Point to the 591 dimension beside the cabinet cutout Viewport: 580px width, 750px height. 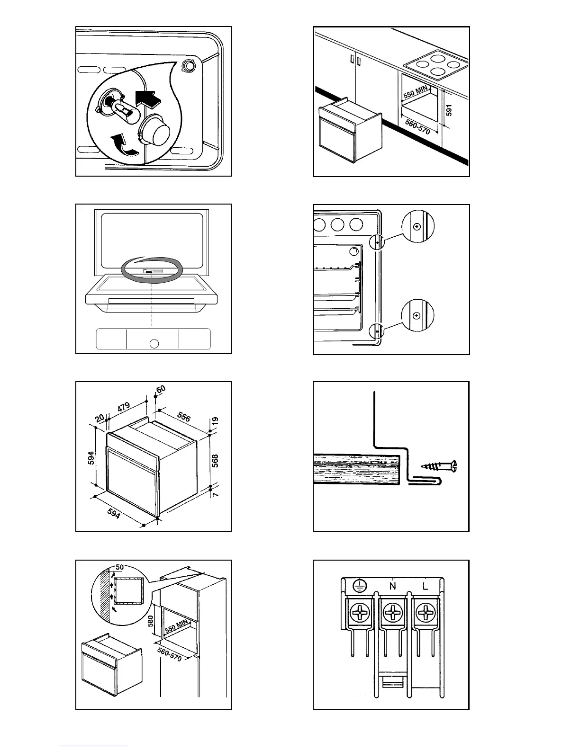(450, 110)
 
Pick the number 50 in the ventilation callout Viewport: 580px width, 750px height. (120, 567)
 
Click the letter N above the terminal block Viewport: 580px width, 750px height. (393, 586)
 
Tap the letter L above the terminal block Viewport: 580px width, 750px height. (425, 586)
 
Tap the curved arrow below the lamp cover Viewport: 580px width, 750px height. (122, 144)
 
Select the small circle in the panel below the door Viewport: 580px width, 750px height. (153, 343)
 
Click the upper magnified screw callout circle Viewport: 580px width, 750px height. (417, 227)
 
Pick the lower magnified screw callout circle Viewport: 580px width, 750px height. (417, 315)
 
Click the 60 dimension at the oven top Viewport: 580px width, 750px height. (161, 389)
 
